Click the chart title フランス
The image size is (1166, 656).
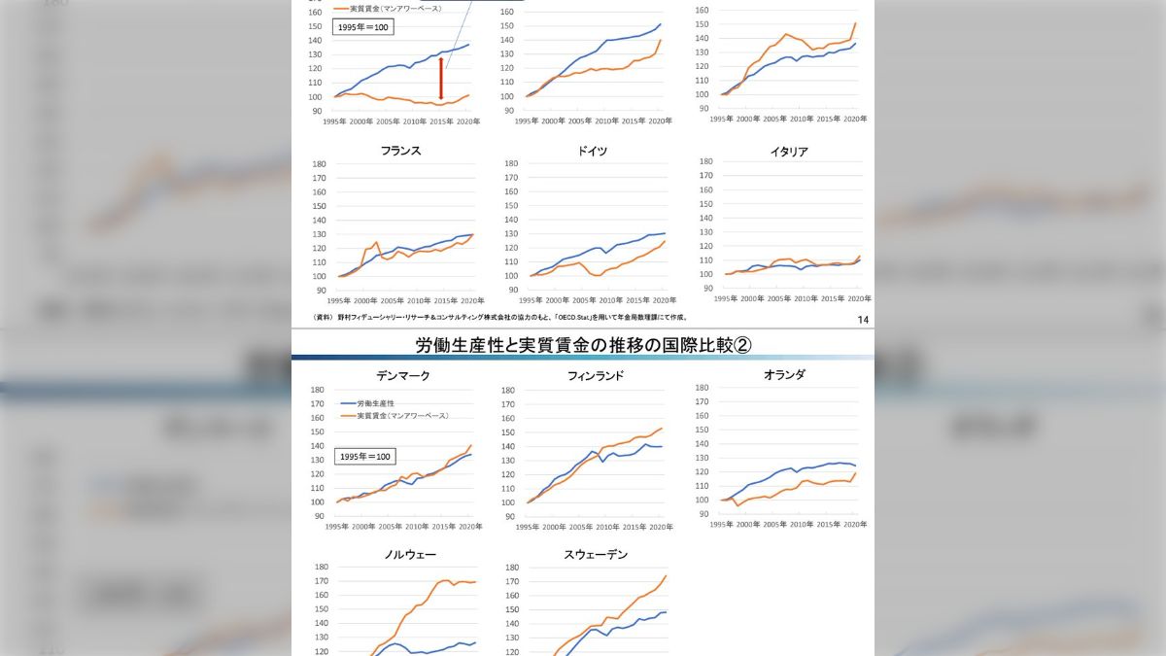click(401, 151)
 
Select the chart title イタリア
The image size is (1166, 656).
click(788, 152)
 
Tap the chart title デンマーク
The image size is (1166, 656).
click(402, 375)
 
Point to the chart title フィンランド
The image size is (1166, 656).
click(596, 375)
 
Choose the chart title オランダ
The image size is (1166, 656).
click(784, 374)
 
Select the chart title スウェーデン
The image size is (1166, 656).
click(596, 555)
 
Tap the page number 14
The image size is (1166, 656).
click(864, 320)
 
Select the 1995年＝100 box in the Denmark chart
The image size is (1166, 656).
click(363, 456)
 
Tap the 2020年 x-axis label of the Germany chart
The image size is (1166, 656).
click(664, 300)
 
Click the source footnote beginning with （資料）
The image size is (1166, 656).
click(500, 317)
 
